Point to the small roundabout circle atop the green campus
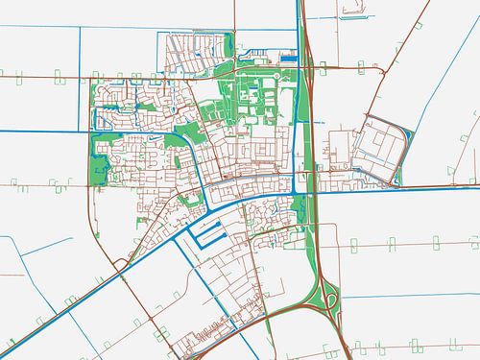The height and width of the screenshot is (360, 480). pyautogui.click(x=276, y=75)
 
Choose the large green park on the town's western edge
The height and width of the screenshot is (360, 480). pyautogui.click(x=96, y=158)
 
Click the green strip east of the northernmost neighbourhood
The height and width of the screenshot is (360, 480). pyautogui.click(x=228, y=48)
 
